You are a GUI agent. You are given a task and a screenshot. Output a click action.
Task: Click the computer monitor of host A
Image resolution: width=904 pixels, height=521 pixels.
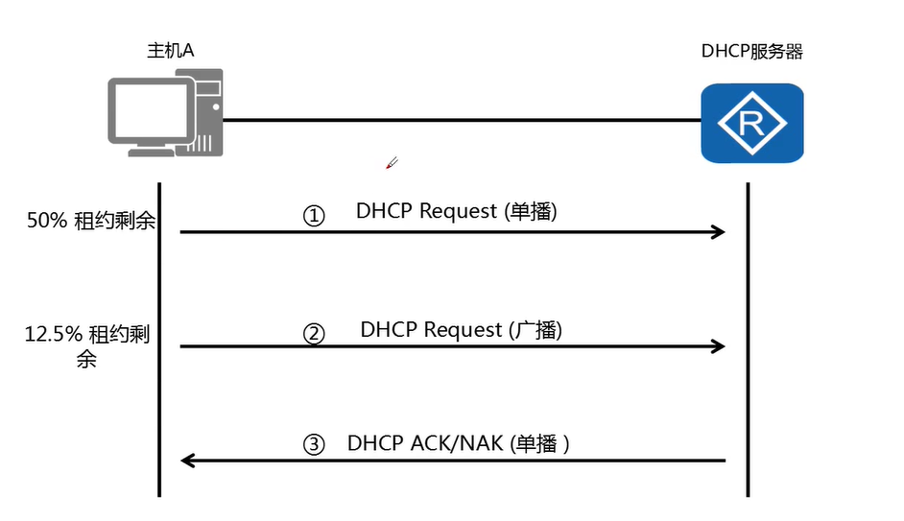[148, 113]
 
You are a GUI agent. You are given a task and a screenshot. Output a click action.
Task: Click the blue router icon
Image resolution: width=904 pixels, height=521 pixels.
[751, 123]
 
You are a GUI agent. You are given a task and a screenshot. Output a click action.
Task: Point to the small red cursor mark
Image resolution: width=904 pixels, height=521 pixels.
[391, 163]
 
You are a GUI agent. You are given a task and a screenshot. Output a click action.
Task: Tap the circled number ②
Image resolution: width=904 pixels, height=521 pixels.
[314, 333]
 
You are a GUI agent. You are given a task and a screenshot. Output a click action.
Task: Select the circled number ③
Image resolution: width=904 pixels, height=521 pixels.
[314, 445]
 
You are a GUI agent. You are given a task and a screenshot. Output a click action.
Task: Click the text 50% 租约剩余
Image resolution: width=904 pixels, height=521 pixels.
[91, 221]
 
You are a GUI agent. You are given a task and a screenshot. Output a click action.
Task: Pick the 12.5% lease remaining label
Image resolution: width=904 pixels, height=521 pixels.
[87, 345]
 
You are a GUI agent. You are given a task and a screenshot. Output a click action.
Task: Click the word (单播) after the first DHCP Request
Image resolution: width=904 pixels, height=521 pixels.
[530, 212]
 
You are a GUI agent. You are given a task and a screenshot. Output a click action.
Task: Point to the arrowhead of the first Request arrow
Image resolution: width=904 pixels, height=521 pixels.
[717, 231]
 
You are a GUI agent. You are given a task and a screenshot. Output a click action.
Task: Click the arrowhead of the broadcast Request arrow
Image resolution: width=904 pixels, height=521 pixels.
[717, 346]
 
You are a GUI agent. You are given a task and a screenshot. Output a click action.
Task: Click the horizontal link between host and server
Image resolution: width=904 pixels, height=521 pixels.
[461, 120]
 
